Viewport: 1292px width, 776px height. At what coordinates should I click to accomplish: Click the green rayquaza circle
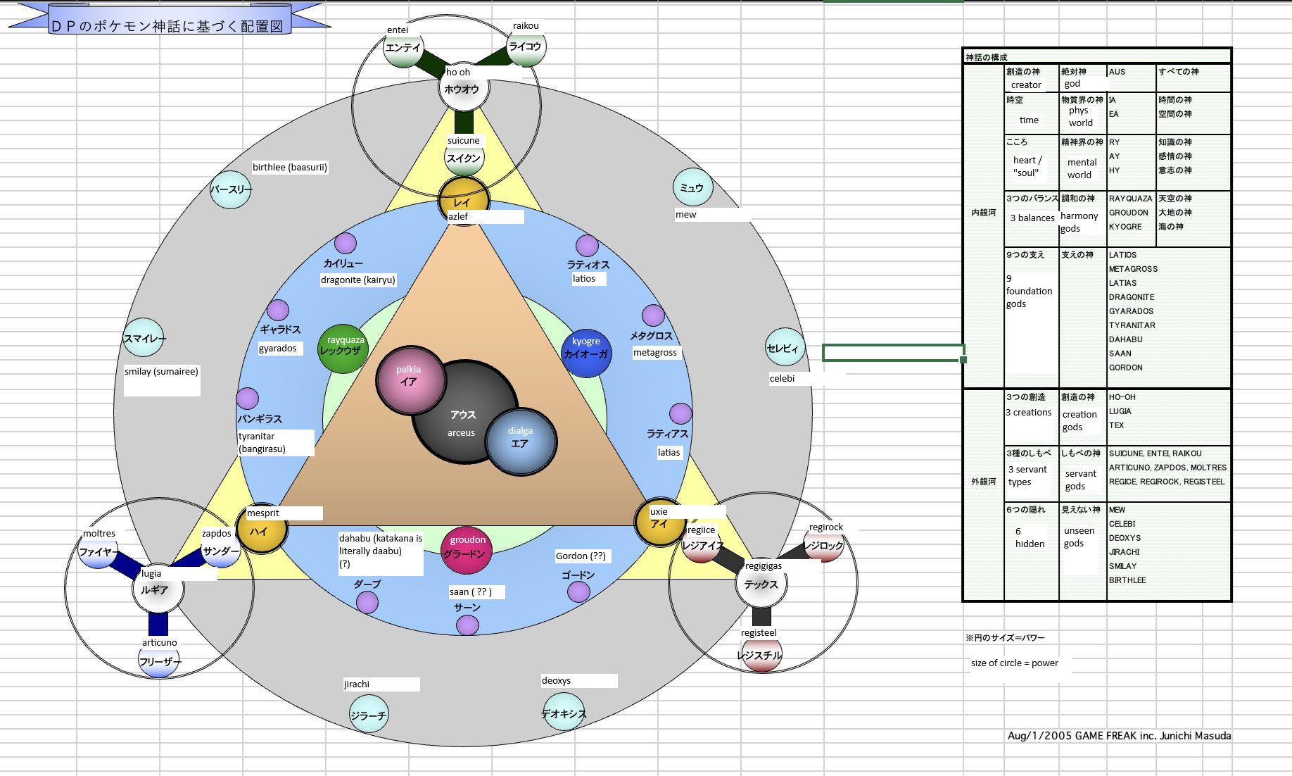343,349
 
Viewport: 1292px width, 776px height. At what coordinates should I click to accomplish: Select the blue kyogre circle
586,352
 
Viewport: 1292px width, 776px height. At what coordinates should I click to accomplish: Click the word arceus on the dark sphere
461,433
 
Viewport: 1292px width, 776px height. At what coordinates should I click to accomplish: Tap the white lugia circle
158,589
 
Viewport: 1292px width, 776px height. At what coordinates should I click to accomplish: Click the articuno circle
159,661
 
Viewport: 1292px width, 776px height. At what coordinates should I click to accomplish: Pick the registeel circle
761,655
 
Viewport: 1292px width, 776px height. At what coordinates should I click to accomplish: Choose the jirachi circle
369,715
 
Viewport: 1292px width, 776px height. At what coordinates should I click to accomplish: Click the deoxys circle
564,713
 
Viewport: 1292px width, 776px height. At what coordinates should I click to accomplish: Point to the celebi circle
785,348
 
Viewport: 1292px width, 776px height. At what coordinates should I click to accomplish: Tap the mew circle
692,188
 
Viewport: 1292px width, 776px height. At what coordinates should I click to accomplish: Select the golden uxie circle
659,523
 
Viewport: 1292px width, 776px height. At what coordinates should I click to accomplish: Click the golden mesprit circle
261,532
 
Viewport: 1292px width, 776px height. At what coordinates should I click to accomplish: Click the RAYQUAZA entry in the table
1130,199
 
